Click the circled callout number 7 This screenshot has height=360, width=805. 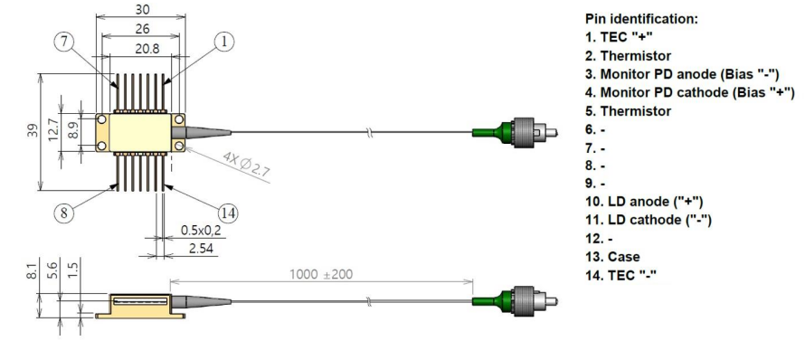(64, 42)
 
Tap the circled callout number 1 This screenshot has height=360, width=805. (223, 42)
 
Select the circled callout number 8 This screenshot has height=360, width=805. (63, 212)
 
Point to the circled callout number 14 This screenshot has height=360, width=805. (228, 213)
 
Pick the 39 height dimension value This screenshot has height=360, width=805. (33, 132)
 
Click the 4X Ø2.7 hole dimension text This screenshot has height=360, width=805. (246, 165)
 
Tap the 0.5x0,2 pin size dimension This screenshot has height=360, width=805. (201, 231)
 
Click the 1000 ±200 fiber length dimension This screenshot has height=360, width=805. (321, 274)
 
